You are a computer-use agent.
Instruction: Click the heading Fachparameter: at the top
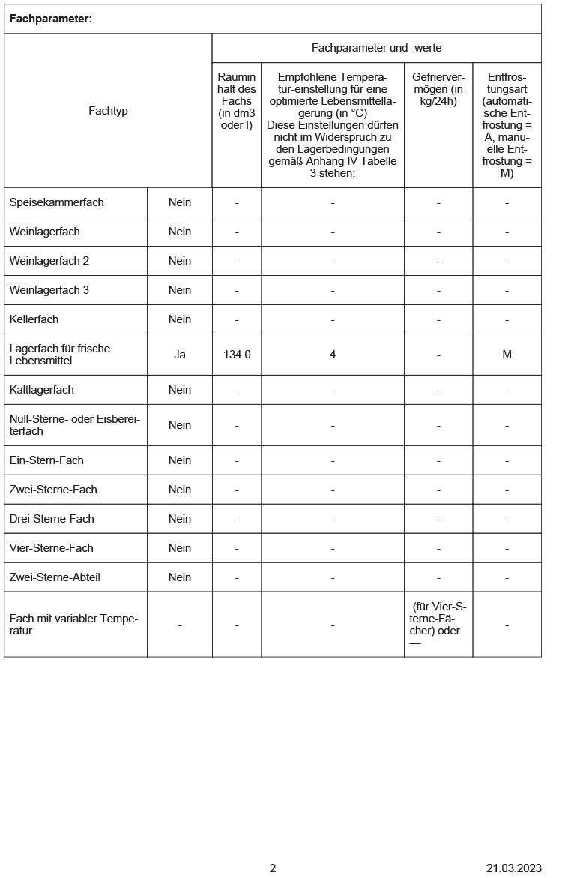coord(51,19)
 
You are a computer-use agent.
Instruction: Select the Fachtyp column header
coord(108,111)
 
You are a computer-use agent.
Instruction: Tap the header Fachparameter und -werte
coord(376,48)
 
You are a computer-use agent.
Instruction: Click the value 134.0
coord(237,354)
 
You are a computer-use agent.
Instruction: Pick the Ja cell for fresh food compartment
coord(180,354)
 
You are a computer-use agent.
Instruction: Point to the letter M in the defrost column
coord(507,354)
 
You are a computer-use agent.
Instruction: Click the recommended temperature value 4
coord(333,354)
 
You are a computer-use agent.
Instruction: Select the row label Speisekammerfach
coord(57,202)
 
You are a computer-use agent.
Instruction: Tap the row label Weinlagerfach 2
coord(49,261)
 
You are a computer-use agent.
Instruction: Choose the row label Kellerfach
coord(34,319)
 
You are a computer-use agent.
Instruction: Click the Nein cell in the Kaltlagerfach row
coord(180,390)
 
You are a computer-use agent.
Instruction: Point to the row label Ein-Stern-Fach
coord(46,460)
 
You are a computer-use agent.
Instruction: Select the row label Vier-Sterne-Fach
coord(52,548)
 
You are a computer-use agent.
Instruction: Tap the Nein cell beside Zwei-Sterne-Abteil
coord(180,577)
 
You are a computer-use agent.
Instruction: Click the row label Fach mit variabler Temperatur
coord(73,625)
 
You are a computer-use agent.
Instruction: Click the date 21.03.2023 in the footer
coord(513,868)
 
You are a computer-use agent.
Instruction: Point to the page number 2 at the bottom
coord(273,868)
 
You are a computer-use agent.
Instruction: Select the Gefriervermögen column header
coord(438,89)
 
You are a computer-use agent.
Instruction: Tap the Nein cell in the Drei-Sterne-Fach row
coord(180,519)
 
